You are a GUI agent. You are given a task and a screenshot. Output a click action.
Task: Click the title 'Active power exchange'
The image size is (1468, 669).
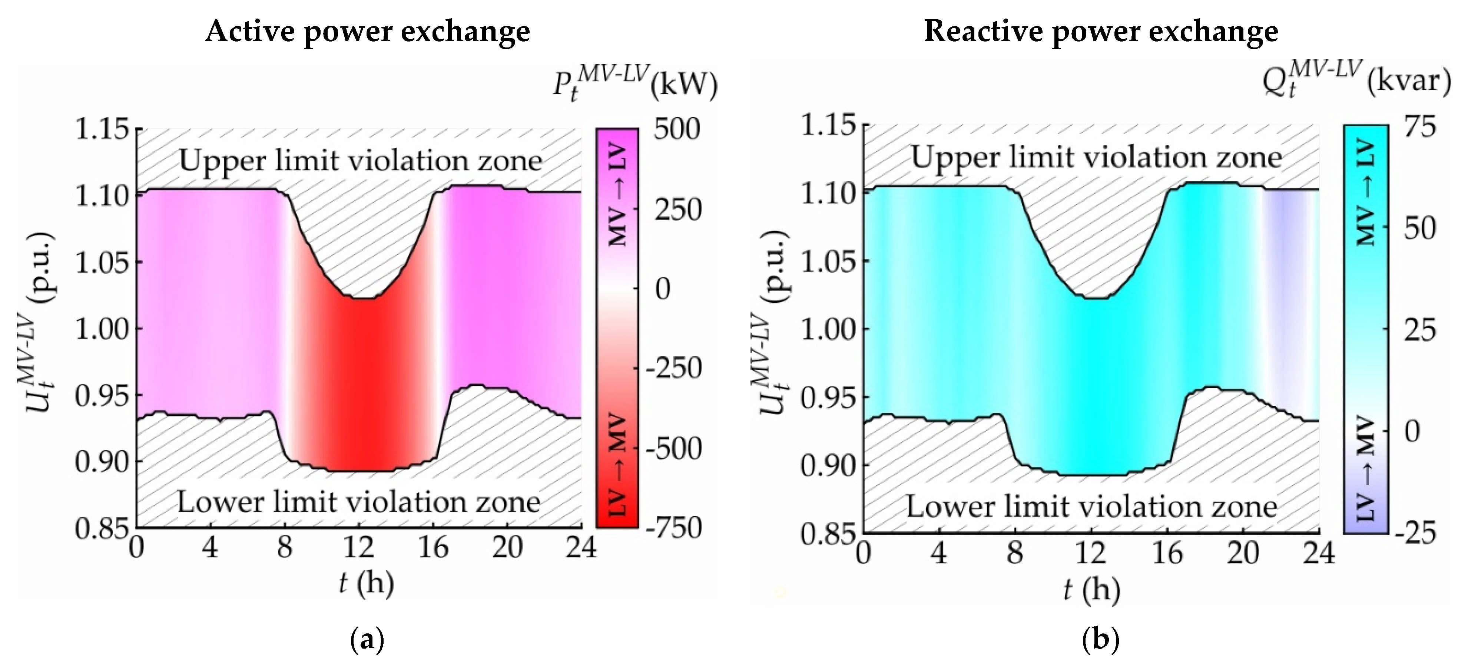click(368, 32)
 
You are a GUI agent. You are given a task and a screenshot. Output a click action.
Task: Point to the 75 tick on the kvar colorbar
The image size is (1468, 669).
click(1419, 126)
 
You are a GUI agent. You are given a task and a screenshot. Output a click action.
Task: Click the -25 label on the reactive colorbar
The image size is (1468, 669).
click(1415, 533)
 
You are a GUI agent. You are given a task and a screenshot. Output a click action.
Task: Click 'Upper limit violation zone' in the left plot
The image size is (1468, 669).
click(360, 161)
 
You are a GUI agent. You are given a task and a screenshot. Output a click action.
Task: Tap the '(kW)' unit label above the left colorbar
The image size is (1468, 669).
click(684, 86)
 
